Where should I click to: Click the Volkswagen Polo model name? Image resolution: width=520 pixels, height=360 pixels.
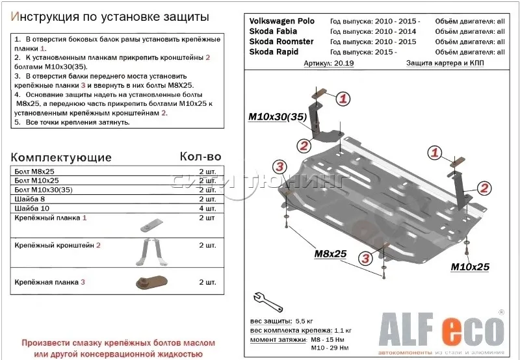[x=281, y=21]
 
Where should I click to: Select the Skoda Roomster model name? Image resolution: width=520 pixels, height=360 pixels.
[x=281, y=42]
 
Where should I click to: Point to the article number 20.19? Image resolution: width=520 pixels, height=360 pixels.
[x=326, y=64]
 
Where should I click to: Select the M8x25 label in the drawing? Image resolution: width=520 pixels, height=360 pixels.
[x=331, y=253]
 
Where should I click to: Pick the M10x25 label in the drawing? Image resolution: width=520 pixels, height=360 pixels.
[x=469, y=267]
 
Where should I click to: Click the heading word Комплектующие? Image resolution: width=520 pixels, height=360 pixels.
[x=62, y=157]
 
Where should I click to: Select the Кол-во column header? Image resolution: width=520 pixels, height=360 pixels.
[x=200, y=157]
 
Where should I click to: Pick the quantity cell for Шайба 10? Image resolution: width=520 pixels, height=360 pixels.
[x=207, y=208]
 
